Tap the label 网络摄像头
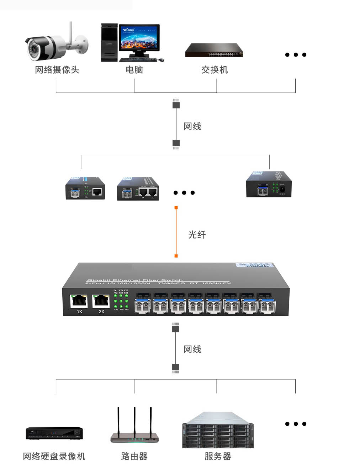click(x=57, y=70)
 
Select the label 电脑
click(x=134, y=70)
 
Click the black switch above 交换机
click(x=214, y=50)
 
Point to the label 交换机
click(x=215, y=70)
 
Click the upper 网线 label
click(x=192, y=126)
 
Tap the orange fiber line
click(x=176, y=232)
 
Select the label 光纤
click(x=197, y=235)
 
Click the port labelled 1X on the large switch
click(x=79, y=301)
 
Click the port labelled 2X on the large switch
click(x=101, y=301)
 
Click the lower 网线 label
click(x=192, y=349)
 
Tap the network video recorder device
click(x=54, y=433)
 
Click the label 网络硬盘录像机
click(x=54, y=456)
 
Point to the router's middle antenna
click(x=134, y=420)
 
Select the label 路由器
click(x=134, y=456)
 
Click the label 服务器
click(x=218, y=456)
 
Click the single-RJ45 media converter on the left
click(x=85, y=188)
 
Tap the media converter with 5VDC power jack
click(x=269, y=185)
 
